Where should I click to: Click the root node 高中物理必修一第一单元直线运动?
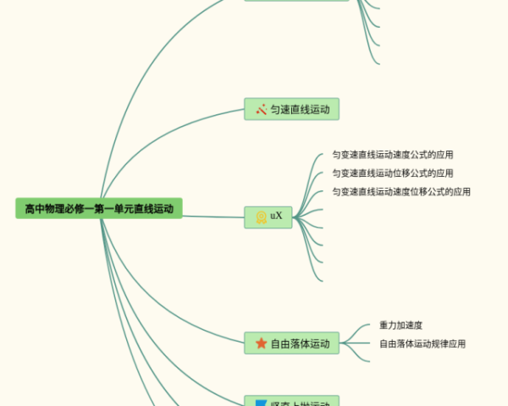98,208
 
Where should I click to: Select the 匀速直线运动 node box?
291,109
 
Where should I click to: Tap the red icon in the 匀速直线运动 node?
262,109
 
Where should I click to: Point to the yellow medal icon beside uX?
262,217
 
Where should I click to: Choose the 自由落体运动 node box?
291,343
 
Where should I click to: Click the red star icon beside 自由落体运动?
261,343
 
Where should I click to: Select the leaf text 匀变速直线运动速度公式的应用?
393,155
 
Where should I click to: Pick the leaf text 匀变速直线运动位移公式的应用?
393,173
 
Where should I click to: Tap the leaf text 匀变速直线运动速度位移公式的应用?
401,192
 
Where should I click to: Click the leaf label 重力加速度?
401,325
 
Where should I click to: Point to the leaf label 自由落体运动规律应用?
422,343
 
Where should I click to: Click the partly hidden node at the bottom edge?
291,402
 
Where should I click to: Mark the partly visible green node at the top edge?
296,1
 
